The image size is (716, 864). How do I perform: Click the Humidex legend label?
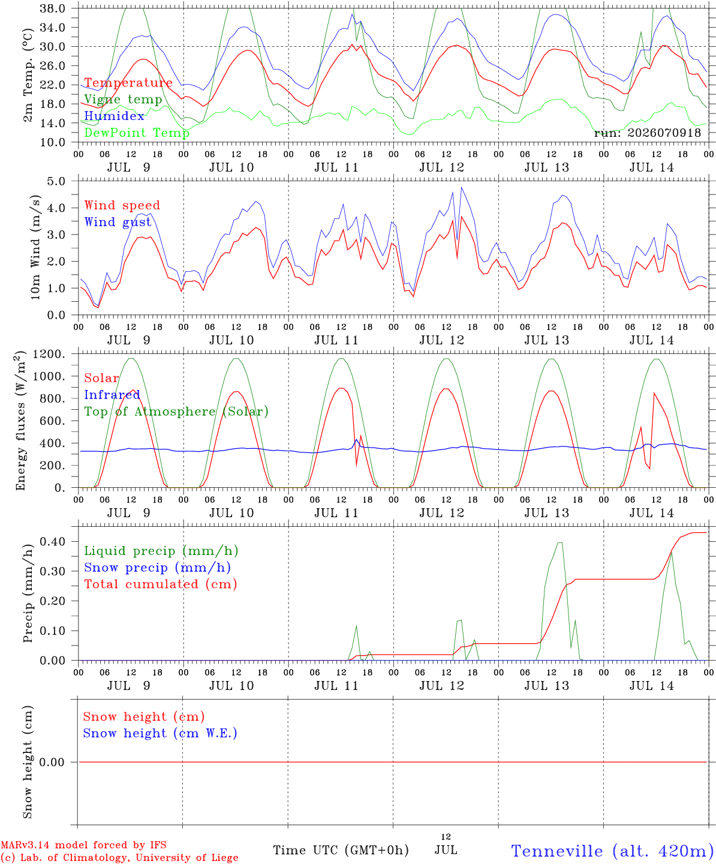coord(114,116)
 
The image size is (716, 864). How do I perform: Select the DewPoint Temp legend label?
coord(137,133)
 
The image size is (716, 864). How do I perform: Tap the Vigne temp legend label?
coord(124,100)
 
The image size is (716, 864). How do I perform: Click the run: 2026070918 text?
coord(647,133)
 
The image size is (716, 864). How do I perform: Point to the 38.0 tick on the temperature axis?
coord(52,8)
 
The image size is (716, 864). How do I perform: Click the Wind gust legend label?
coord(118,222)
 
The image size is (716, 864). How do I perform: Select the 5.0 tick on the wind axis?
coord(56,181)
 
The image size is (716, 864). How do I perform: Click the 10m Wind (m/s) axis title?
coord(35,247)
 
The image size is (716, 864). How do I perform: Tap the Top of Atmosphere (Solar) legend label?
coord(177,412)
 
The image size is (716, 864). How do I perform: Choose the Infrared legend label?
coord(112,395)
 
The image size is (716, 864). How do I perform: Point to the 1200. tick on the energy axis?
coord(49,354)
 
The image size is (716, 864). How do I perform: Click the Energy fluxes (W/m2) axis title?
coord(20,421)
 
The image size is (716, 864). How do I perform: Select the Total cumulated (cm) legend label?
coord(161,584)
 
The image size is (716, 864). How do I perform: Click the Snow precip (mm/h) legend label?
coord(157,568)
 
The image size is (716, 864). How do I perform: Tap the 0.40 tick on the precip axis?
coord(53,542)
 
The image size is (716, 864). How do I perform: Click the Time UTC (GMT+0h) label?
coord(341,850)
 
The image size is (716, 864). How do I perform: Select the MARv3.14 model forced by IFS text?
coord(83,845)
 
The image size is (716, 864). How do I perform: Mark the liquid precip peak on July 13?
coord(559,542)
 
